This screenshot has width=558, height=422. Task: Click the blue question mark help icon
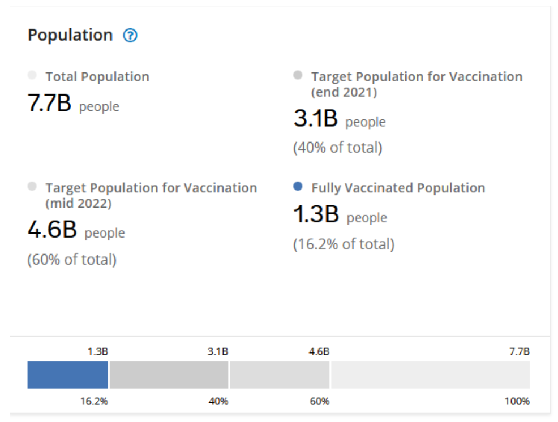point(131,36)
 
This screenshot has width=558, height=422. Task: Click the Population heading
point(70,35)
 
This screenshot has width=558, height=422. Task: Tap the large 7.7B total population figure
point(50,104)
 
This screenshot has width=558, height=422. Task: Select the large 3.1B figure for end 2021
point(315,119)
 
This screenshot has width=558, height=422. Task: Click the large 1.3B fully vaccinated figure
point(316,214)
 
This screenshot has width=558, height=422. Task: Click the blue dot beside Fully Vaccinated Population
point(298,187)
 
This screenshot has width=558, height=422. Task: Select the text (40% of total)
point(337,148)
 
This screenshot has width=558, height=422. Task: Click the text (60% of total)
point(72,260)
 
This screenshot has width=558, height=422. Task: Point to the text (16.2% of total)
point(344,244)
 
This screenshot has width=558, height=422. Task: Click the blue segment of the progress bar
point(67,375)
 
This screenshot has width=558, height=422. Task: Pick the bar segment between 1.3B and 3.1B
point(169,375)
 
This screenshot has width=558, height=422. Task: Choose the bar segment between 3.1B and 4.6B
point(280,375)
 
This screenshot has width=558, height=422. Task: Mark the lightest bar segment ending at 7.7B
point(430,375)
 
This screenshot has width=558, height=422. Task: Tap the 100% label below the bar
point(517,402)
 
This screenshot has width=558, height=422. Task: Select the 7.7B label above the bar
point(519,352)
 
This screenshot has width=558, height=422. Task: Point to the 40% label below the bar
point(218,402)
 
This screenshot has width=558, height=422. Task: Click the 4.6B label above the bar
point(319,352)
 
